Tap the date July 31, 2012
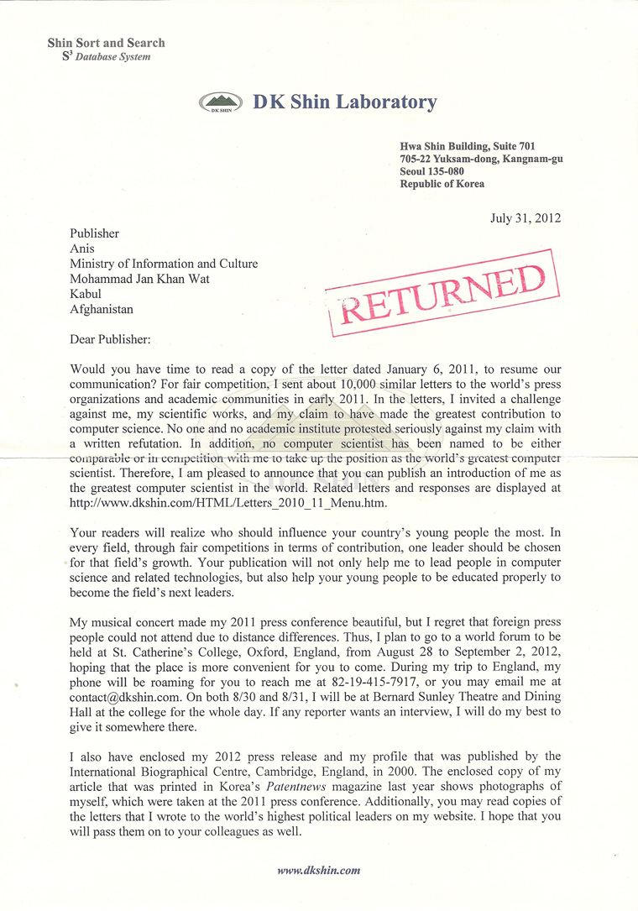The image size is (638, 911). coord(526,218)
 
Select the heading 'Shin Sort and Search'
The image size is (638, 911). coord(107,43)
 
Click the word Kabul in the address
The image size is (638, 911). coord(86,294)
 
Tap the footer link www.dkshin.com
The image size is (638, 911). coord(318,871)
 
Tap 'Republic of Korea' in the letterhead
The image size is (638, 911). coord(442,184)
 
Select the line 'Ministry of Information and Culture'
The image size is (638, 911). coord(164,264)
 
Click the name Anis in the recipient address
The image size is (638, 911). coord(81,249)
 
